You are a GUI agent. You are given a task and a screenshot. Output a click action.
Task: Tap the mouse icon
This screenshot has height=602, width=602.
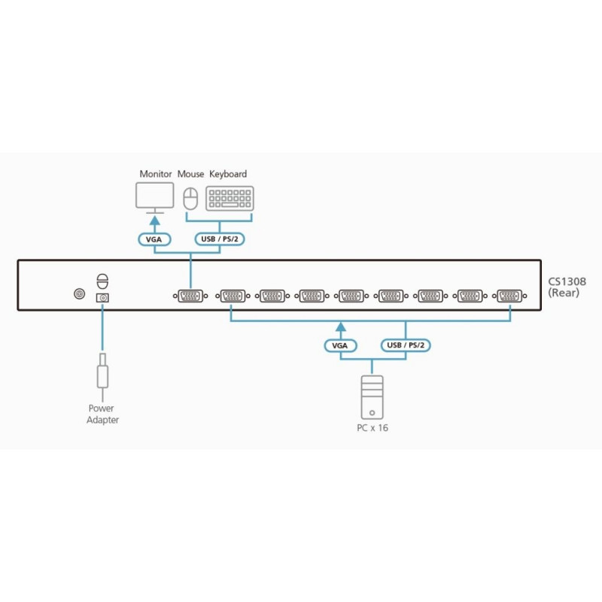[190, 199]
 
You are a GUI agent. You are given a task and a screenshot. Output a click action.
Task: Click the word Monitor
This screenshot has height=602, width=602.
[156, 174]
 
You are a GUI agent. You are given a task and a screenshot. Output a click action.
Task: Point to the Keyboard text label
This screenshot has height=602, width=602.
[227, 174]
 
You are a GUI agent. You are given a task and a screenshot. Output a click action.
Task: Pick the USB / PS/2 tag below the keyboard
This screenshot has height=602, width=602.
[220, 240]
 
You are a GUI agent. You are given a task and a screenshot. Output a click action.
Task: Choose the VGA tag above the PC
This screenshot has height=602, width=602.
[341, 345]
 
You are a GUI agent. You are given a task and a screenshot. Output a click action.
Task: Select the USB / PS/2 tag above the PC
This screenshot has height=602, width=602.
[406, 345]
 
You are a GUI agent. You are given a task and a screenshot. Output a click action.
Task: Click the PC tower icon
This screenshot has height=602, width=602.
[372, 397]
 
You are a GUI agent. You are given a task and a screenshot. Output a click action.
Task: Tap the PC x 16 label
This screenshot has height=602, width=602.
[372, 428]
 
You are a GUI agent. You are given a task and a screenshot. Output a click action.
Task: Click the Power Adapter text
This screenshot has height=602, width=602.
[103, 415]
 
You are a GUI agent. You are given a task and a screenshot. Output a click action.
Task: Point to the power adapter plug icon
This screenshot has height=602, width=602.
[103, 373]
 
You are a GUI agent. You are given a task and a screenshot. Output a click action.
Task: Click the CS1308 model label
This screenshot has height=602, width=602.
[567, 281]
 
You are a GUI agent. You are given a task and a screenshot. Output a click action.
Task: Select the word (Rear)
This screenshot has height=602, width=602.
[564, 293]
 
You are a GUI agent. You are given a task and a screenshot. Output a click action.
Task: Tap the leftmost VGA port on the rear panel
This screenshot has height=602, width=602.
[190, 296]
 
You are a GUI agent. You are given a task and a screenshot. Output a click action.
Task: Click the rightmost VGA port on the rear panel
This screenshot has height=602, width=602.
[512, 296]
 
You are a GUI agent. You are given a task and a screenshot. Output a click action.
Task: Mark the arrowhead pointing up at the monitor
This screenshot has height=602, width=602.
[156, 222]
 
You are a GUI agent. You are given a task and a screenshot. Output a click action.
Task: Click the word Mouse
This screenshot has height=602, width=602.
[190, 174]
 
